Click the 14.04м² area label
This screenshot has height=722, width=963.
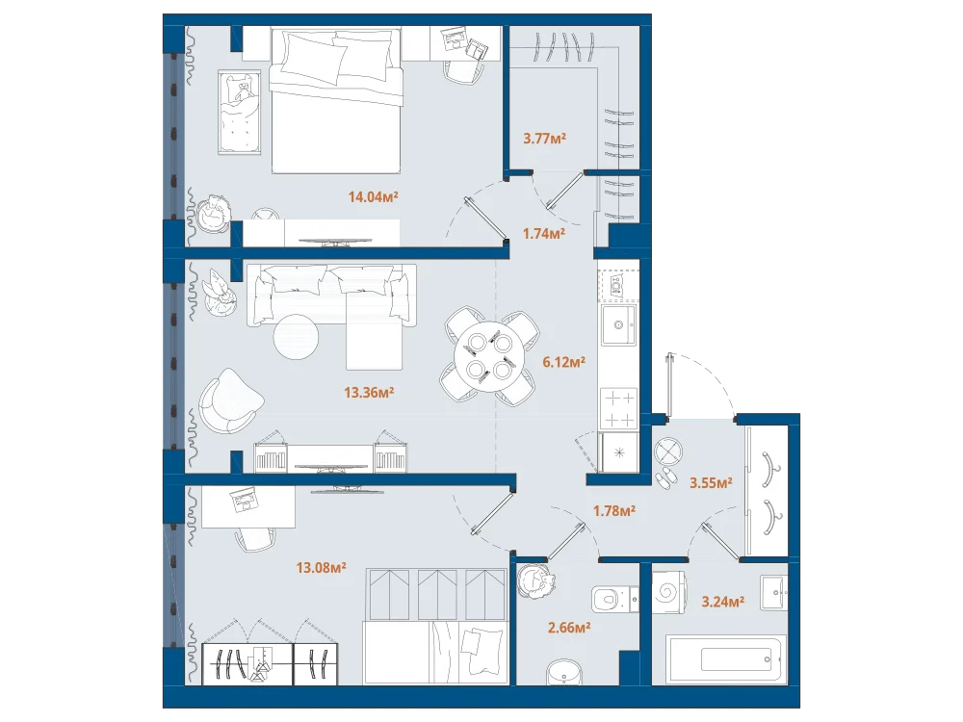374,197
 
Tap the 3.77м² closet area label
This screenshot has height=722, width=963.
544,138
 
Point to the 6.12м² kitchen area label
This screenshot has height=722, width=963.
563,362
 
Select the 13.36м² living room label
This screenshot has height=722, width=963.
369,393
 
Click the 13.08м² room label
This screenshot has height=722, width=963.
322,568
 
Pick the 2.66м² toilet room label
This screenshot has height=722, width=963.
569,628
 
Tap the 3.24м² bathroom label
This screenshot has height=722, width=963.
723,602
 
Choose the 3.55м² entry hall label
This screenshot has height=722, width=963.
711,482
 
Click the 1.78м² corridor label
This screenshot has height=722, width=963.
614,510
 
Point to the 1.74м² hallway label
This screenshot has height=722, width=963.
543,233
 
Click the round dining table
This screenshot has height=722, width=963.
489,356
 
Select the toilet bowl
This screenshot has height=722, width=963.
614,599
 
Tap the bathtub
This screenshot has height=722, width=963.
726,659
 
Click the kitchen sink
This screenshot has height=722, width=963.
618,324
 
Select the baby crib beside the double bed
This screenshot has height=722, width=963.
239,113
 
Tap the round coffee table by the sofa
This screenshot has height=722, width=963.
296,337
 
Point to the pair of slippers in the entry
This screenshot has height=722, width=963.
664,478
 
